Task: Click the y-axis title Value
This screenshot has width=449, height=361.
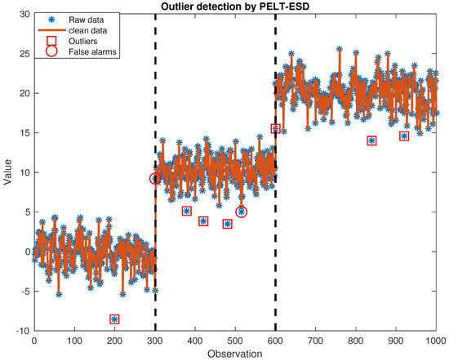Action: pos(7,172)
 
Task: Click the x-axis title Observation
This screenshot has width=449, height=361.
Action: pos(233,354)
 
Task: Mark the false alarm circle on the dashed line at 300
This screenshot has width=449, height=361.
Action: pos(155,178)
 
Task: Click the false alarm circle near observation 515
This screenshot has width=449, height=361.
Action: pos(241,212)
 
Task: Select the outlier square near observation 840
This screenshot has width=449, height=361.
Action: pos(371,140)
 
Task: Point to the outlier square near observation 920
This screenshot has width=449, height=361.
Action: pos(404,136)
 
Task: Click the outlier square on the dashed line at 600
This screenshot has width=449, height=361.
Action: pos(275,128)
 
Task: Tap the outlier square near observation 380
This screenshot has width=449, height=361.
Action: pos(187,211)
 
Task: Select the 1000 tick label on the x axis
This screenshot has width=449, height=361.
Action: pos(435,341)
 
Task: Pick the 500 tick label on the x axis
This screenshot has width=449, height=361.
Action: pos(235,341)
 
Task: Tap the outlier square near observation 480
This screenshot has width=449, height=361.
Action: pos(227,224)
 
